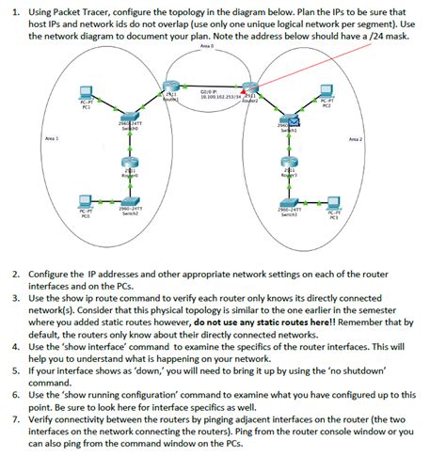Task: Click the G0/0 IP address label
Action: pos(215,95)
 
